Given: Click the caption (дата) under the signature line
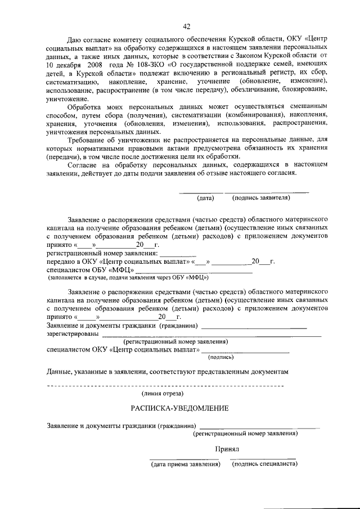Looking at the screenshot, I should (x=205, y=198).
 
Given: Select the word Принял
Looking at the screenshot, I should (x=227, y=449).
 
